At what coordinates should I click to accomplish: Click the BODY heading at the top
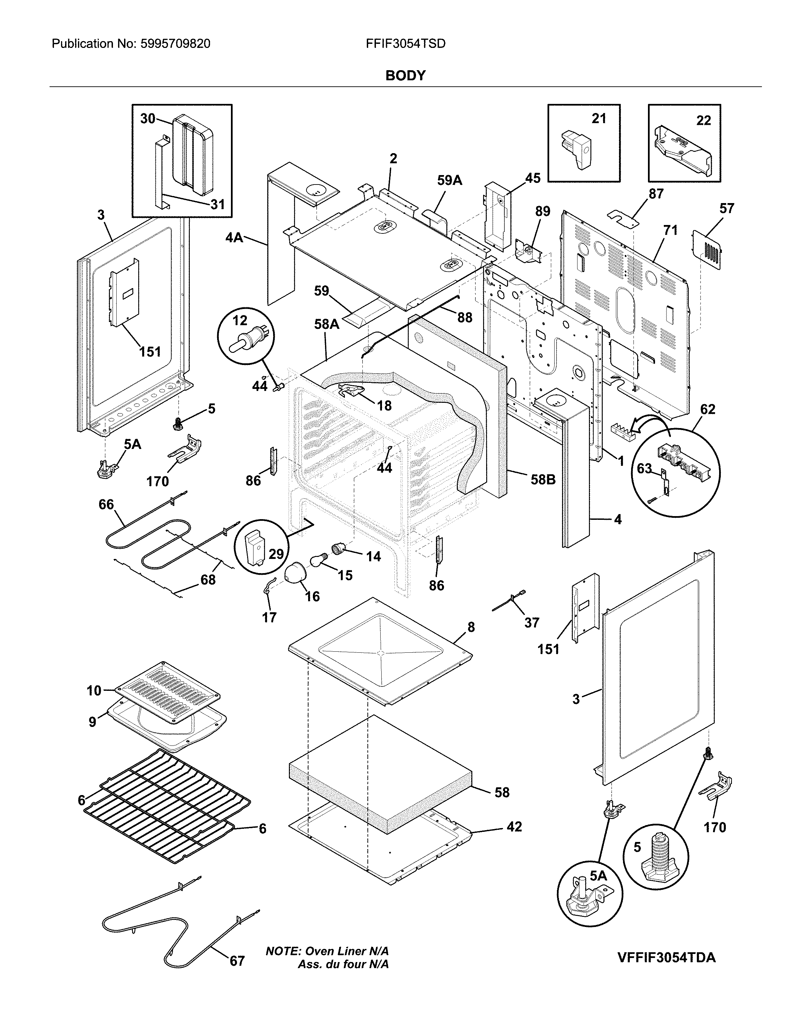click(x=405, y=76)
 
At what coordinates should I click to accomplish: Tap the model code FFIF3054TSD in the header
click(x=405, y=44)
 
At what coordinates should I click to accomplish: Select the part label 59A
click(x=449, y=180)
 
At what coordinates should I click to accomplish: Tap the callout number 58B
click(x=543, y=480)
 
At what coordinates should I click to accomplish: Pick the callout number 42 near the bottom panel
click(x=514, y=827)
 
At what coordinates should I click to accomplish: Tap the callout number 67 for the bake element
click(x=237, y=961)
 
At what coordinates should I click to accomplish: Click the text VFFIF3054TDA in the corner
click(x=666, y=958)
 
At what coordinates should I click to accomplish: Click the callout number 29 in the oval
click(x=276, y=554)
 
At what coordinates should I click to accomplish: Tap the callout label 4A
click(x=234, y=238)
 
